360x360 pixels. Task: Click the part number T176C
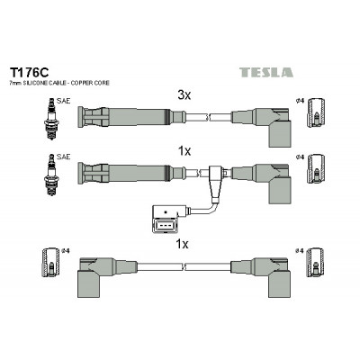coord(29,73)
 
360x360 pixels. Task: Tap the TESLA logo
coord(266,73)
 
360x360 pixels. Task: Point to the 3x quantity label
coord(184,95)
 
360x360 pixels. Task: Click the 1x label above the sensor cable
coord(184,151)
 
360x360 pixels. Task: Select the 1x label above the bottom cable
coord(182,245)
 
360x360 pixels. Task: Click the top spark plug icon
coord(51,119)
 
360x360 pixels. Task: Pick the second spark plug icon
coord(51,175)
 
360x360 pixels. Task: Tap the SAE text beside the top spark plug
coord(63,101)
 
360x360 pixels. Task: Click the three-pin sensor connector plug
coord(166,220)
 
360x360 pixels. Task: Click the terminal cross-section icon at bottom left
coord(50,263)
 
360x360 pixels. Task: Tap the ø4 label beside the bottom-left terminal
coord(65,250)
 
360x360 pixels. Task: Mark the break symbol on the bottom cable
coord(184,266)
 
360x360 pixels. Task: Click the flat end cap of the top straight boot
coord(80,117)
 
